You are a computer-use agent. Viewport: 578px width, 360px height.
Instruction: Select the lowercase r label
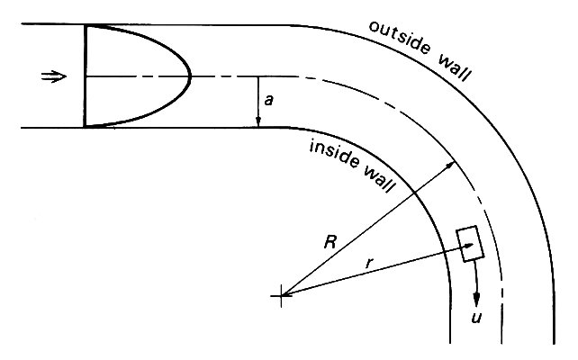click(368, 262)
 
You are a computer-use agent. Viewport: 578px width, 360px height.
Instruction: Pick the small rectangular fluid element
click(468, 244)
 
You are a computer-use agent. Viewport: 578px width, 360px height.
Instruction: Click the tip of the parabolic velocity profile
click(191, 76)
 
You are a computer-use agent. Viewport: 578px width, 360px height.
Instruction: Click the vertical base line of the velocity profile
click(84, 76)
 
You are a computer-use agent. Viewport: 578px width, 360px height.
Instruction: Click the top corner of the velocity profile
click(84, 25)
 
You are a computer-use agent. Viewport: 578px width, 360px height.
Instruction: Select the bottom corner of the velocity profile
click(84, 127)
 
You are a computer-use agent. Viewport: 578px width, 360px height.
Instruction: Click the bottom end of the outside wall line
click(555, 344)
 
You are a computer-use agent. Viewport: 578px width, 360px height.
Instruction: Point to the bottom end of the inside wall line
click(449, 344)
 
